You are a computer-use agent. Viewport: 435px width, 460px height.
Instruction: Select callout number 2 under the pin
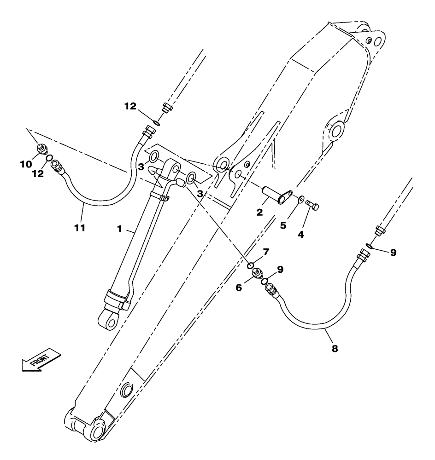tap(260, 212)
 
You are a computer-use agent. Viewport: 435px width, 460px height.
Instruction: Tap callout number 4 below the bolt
tap(300, 234)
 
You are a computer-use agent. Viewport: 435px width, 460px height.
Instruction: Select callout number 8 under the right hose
tap(335, 349)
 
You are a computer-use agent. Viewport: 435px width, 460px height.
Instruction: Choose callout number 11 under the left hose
tap(80, 228)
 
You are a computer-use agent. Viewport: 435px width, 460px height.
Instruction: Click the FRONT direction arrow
tap(41, 359)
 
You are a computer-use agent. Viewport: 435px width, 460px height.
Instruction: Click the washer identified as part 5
tap(300, 199)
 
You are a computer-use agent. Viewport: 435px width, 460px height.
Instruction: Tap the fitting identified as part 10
tap(41, 149)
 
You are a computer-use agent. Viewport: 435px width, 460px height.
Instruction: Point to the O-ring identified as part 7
tap(250, 265)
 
